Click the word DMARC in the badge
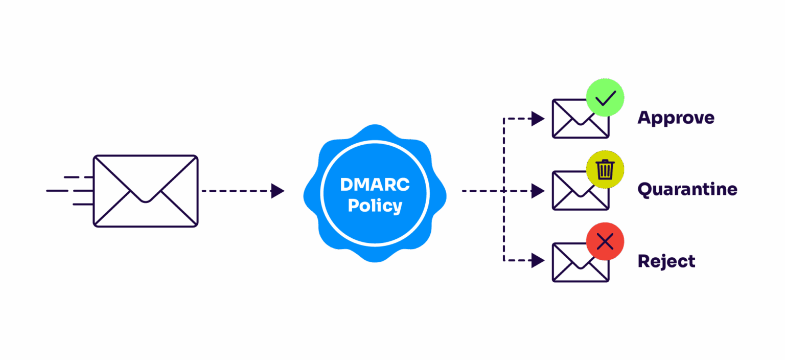(375, 184)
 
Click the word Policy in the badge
(375, 206)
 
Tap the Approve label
(675, 118)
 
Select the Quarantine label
(687, 190)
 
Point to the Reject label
(666, 261)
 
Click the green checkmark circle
(605, 98)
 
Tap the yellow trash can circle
(605, 169)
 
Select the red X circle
(605, 241)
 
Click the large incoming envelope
(145, 191)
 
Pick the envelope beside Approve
(575, 123)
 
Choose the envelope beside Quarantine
(575, 194)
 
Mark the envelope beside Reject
(575, 266)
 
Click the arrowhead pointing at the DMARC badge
(278, 191)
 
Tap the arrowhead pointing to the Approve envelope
(538, 119)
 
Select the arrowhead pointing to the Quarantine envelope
(538, 191)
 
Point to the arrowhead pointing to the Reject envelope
(538, 261)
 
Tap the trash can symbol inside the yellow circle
(605, 170)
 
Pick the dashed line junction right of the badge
(504, 191)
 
